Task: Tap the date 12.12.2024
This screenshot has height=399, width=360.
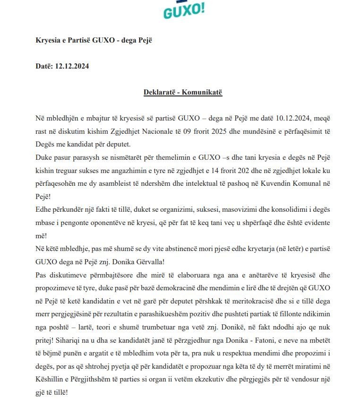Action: coord(72,66)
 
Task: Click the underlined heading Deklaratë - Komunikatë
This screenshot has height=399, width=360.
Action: coord(183,92)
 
